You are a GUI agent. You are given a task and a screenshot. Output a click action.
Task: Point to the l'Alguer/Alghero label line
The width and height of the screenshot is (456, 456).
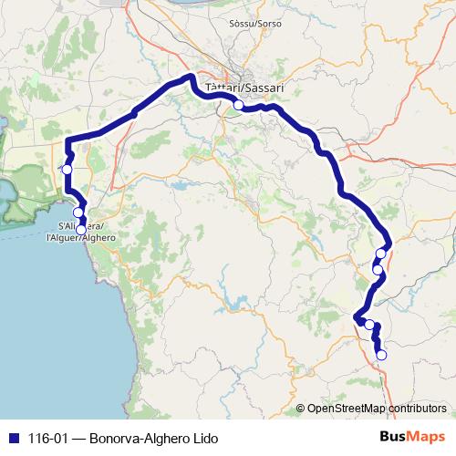(x=80, y=237)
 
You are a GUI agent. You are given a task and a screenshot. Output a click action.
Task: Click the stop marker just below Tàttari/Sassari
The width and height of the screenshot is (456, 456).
(x=238, y=105)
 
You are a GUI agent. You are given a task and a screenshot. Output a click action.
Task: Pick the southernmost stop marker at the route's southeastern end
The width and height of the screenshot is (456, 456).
(x=382, y=355)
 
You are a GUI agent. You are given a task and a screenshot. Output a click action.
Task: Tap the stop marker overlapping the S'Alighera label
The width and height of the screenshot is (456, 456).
(x=81, y=229)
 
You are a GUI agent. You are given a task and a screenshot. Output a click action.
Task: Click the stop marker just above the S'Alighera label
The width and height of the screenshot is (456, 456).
(x=78, y=212)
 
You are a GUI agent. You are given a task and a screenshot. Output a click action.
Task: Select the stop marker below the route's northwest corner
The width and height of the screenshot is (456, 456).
(x=67, y=170)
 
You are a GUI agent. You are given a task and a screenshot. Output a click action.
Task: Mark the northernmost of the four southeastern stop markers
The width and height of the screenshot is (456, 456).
(x=381, y=253)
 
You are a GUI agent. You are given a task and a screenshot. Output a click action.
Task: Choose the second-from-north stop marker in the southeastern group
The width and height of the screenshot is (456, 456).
(x=377, y=269)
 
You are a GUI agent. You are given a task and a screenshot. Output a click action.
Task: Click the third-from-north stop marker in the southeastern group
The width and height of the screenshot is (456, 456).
(x=369, y=325)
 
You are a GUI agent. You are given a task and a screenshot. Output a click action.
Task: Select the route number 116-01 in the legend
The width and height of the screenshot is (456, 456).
(x=47, y=438)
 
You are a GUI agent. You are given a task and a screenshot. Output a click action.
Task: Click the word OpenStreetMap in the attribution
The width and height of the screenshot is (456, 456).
(x=346, y=408)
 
